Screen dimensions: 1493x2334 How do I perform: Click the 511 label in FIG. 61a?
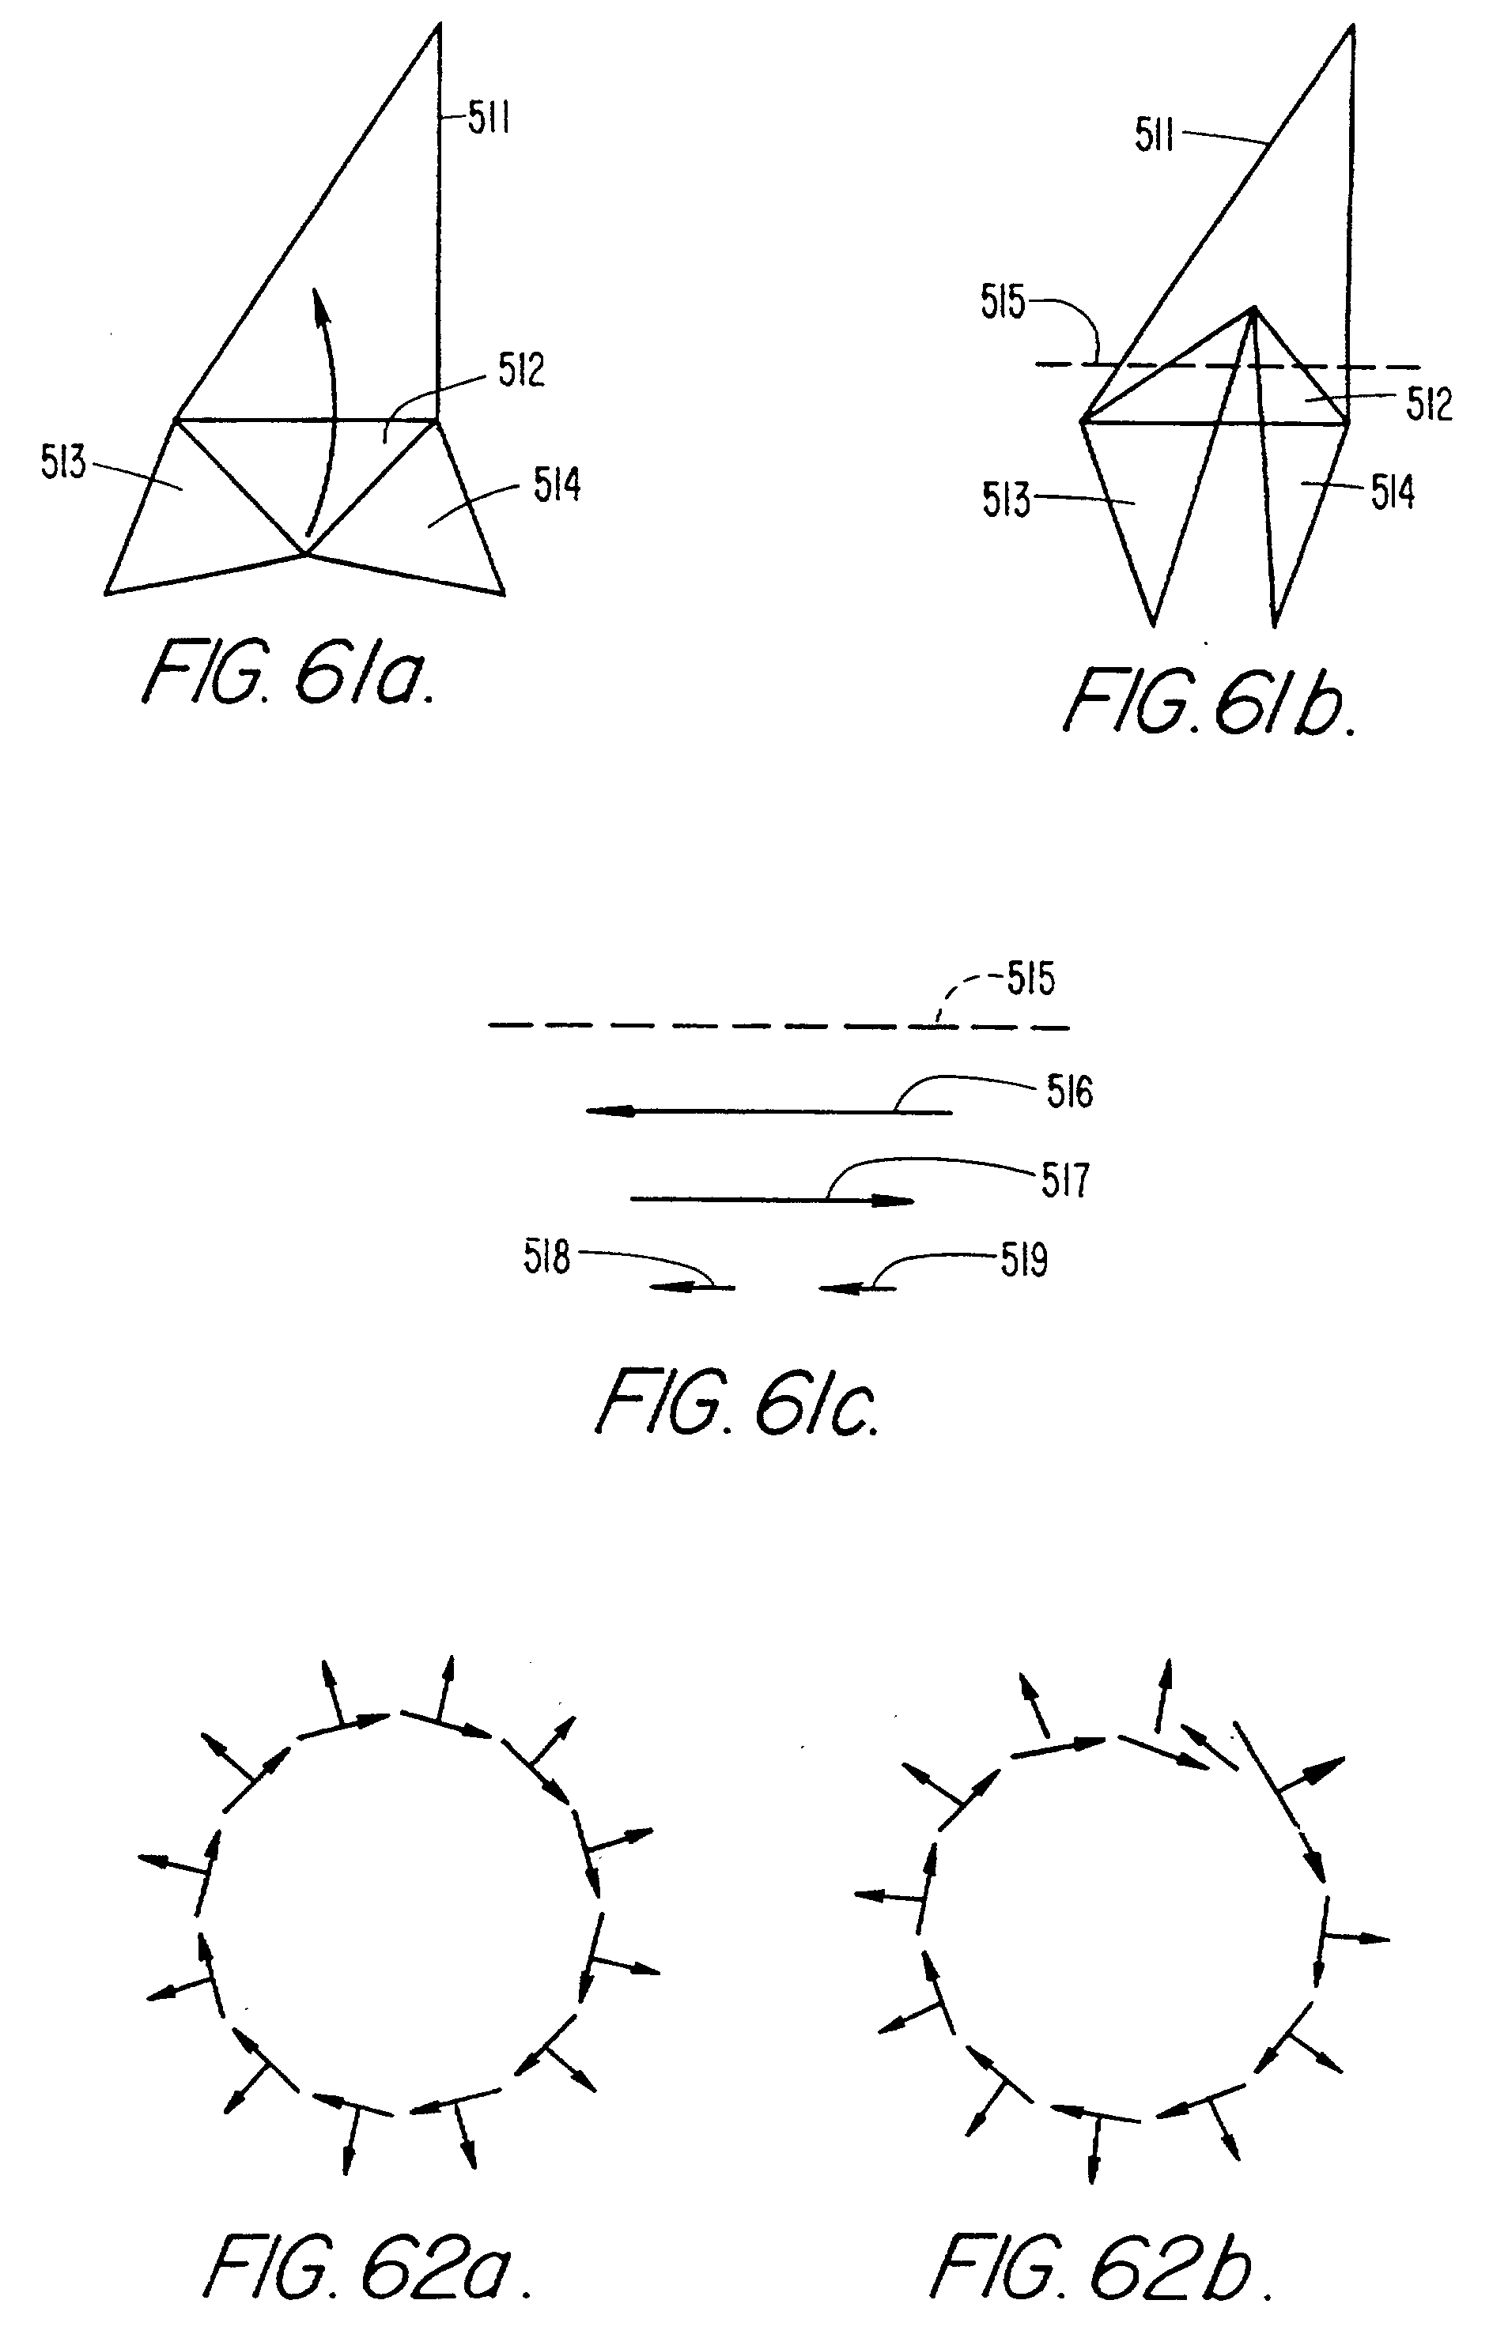[x=489, y=119]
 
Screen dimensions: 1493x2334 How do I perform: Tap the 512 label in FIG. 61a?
[x=522, y=370]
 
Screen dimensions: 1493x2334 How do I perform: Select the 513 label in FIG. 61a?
[x=63, y=462]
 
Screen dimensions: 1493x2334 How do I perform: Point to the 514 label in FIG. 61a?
[x=557, y=485]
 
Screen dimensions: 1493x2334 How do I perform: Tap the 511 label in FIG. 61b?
[x=1154, y=137]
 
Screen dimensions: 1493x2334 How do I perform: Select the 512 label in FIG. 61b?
[x=1429, y=405]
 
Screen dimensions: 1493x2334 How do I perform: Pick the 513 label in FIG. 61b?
[x=1005, y=501]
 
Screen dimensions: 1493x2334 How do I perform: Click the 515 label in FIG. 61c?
[x=1030, y=980]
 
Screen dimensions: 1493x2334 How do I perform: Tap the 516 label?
[x=1069, y=1092]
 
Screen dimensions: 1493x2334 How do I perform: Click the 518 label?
[x=546, y=1258]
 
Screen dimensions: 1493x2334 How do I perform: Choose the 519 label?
[x=1024, y=1261]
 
